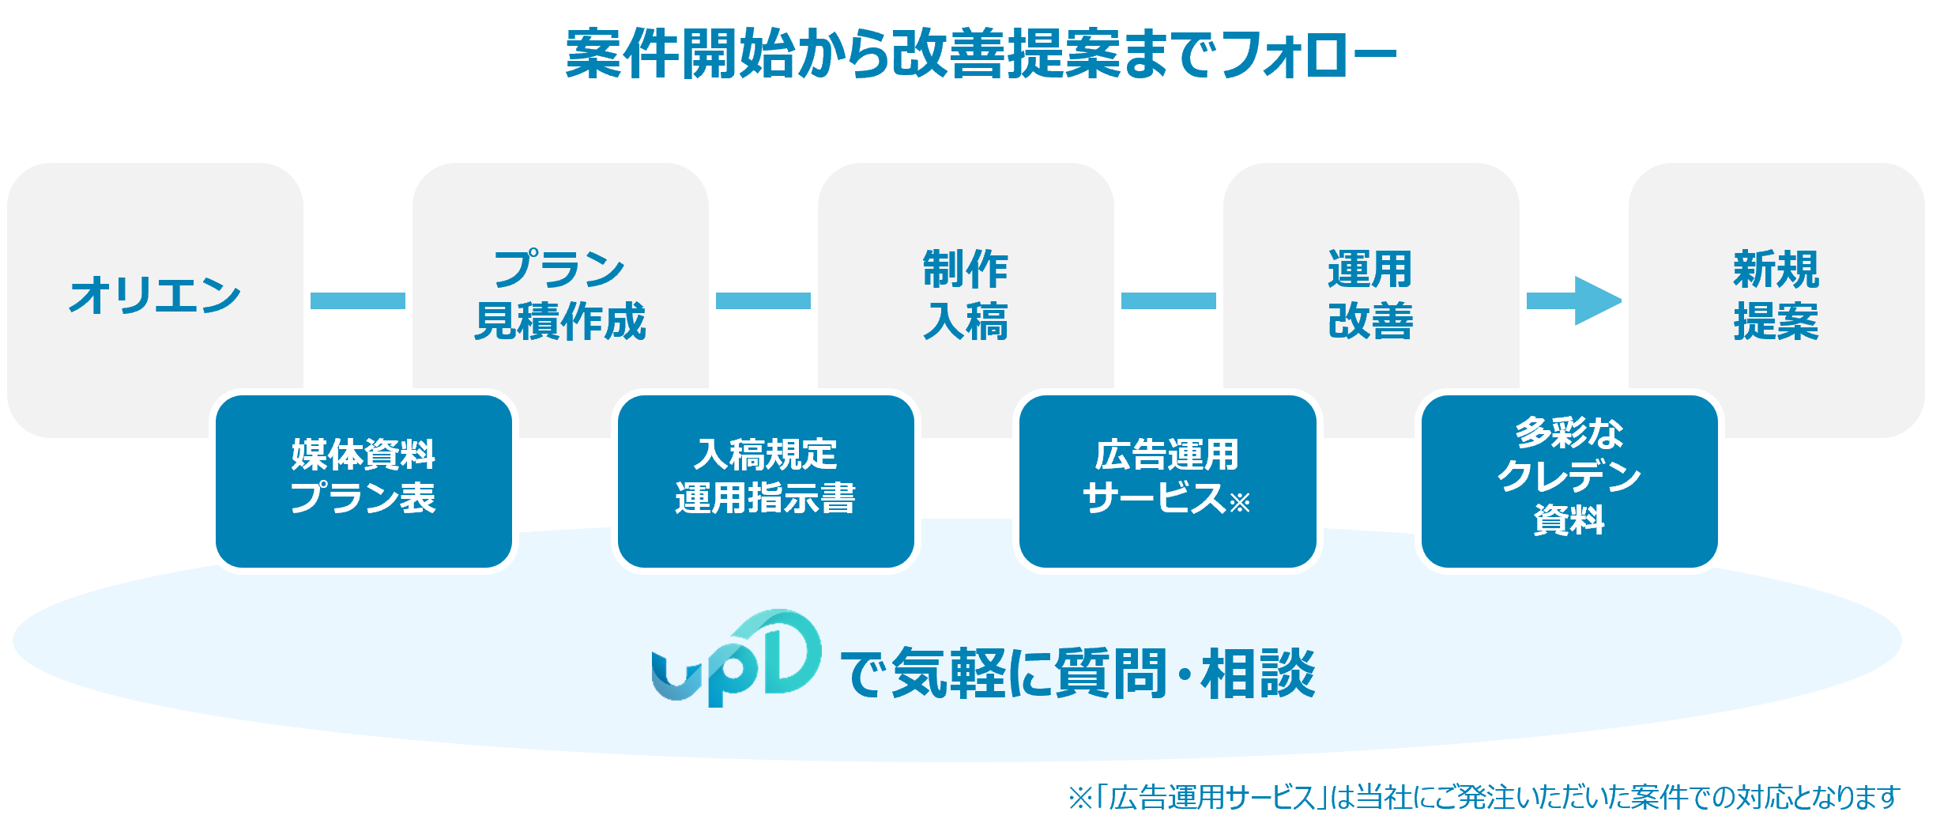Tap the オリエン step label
tap(155, 296)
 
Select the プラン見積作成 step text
tap(559, 296)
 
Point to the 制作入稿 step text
tap(965, 296)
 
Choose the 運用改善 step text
tap(1370, 296)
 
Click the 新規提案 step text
tap(1776, 296)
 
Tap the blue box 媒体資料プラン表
tap(364, 481)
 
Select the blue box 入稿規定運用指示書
tap(765, 481)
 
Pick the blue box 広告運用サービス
tap(1167, 481)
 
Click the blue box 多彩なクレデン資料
tap(1569, 481)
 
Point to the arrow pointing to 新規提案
tap(1573, 301)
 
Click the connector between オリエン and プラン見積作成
tap(357, 301)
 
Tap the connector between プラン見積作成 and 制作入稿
tap(763, 301)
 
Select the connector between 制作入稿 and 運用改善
tap(1168, 301)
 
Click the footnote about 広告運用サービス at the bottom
tap(1483, 797)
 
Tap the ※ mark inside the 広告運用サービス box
tap(1239, 502)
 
